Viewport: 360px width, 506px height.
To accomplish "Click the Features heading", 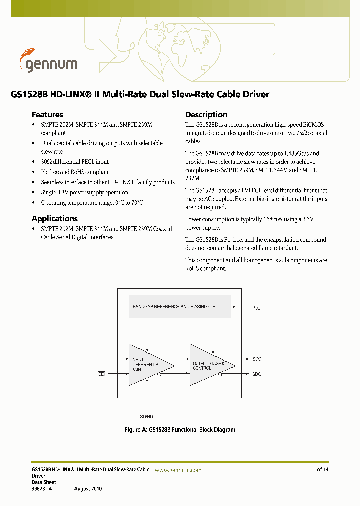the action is coord(47,114).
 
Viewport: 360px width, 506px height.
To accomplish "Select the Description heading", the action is coord(206,114).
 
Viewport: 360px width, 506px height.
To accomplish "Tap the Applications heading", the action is coord(55,218).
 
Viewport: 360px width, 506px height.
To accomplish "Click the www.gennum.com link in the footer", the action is coord(178,470).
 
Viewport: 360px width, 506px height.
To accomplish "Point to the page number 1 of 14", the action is coord(321,469).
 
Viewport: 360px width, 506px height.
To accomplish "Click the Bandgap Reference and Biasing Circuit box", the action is coord(179,306).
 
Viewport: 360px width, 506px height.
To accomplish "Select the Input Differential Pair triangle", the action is coord(147,365).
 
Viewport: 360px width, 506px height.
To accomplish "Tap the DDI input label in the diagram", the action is coord(102,359).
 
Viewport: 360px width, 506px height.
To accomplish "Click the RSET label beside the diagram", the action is coord(257,307).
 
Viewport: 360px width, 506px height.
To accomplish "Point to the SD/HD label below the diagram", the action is coord(146,416).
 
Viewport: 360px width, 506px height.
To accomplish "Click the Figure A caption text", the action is coord(179,430).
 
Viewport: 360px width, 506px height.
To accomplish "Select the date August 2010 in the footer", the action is coord(88,488).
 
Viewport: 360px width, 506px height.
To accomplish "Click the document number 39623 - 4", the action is coord(41,488).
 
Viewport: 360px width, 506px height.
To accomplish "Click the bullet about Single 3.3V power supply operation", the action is coord(84,192).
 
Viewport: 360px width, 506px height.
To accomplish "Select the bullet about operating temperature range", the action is coord(92,203).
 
